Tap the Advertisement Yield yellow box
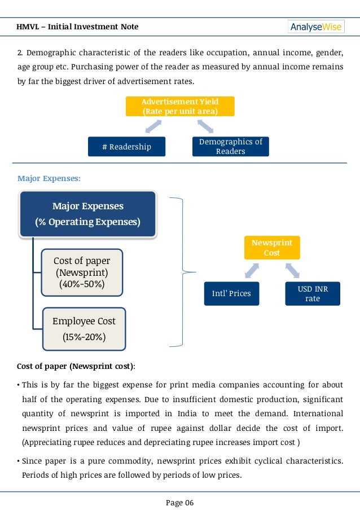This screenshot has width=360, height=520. [x=180, y=106]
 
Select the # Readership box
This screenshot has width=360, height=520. [x=126, y=147]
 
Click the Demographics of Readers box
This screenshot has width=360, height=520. [x=231, y=147]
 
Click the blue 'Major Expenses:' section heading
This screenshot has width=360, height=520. [x=49, y=178]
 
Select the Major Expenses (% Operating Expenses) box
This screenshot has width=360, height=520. [x=87, y=214]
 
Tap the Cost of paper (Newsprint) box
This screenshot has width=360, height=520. [x=82, y=272]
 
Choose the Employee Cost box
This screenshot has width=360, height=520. [x=84, y=329]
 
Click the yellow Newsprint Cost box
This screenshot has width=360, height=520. [x=272, y=248]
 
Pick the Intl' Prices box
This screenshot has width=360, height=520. [x=231, y=293]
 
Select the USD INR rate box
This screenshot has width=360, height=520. [x=313, y=293]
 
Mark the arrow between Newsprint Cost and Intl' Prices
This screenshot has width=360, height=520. [x=251, y=271]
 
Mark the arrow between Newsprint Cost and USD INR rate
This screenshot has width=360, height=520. [x=292, y=271]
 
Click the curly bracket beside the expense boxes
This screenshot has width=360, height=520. [x=179, y=271]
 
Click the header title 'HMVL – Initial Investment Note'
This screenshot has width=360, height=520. [x=78, y=27]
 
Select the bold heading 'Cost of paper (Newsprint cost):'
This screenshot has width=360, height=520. [x=76, y=366]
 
